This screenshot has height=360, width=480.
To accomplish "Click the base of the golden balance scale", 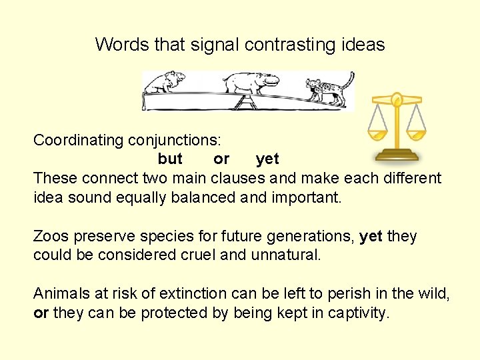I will click(x=397, y=155).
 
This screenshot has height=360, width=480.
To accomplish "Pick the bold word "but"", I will click(x=170, y=159).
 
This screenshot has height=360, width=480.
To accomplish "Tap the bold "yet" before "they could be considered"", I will click(x=371, y=237).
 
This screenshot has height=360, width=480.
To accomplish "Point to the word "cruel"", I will click(x=197, y=255).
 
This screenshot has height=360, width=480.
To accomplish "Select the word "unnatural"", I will click(x=286, y=255).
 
